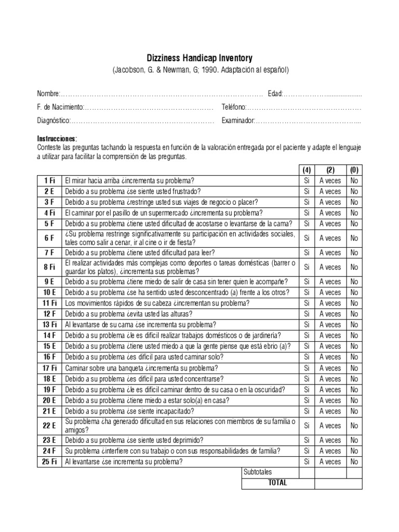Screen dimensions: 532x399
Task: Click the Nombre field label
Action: point(48,94)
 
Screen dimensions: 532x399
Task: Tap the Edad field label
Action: point(275,94)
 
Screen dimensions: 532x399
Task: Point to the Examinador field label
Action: point(238,121)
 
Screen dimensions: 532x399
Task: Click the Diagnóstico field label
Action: point(53,121)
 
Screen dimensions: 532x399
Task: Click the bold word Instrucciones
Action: point(57,139)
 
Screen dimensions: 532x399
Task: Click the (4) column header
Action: point(306,170)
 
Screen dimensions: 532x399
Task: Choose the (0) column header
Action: point(354,170)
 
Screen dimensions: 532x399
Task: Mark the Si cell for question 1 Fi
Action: point(306,181)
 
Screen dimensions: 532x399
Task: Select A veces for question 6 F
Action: point(330,238)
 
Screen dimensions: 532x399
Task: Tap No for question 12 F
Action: point(354,314)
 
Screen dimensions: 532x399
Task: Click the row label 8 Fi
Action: point(49,267)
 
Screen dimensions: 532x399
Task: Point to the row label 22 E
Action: point(49,425)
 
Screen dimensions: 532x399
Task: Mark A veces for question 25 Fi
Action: point(330,461)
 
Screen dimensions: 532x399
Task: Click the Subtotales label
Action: point(258,472)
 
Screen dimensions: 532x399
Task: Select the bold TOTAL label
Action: point(277,483)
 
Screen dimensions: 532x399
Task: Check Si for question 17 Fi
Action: point(306,368)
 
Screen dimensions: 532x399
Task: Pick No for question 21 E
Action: point(354,411)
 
